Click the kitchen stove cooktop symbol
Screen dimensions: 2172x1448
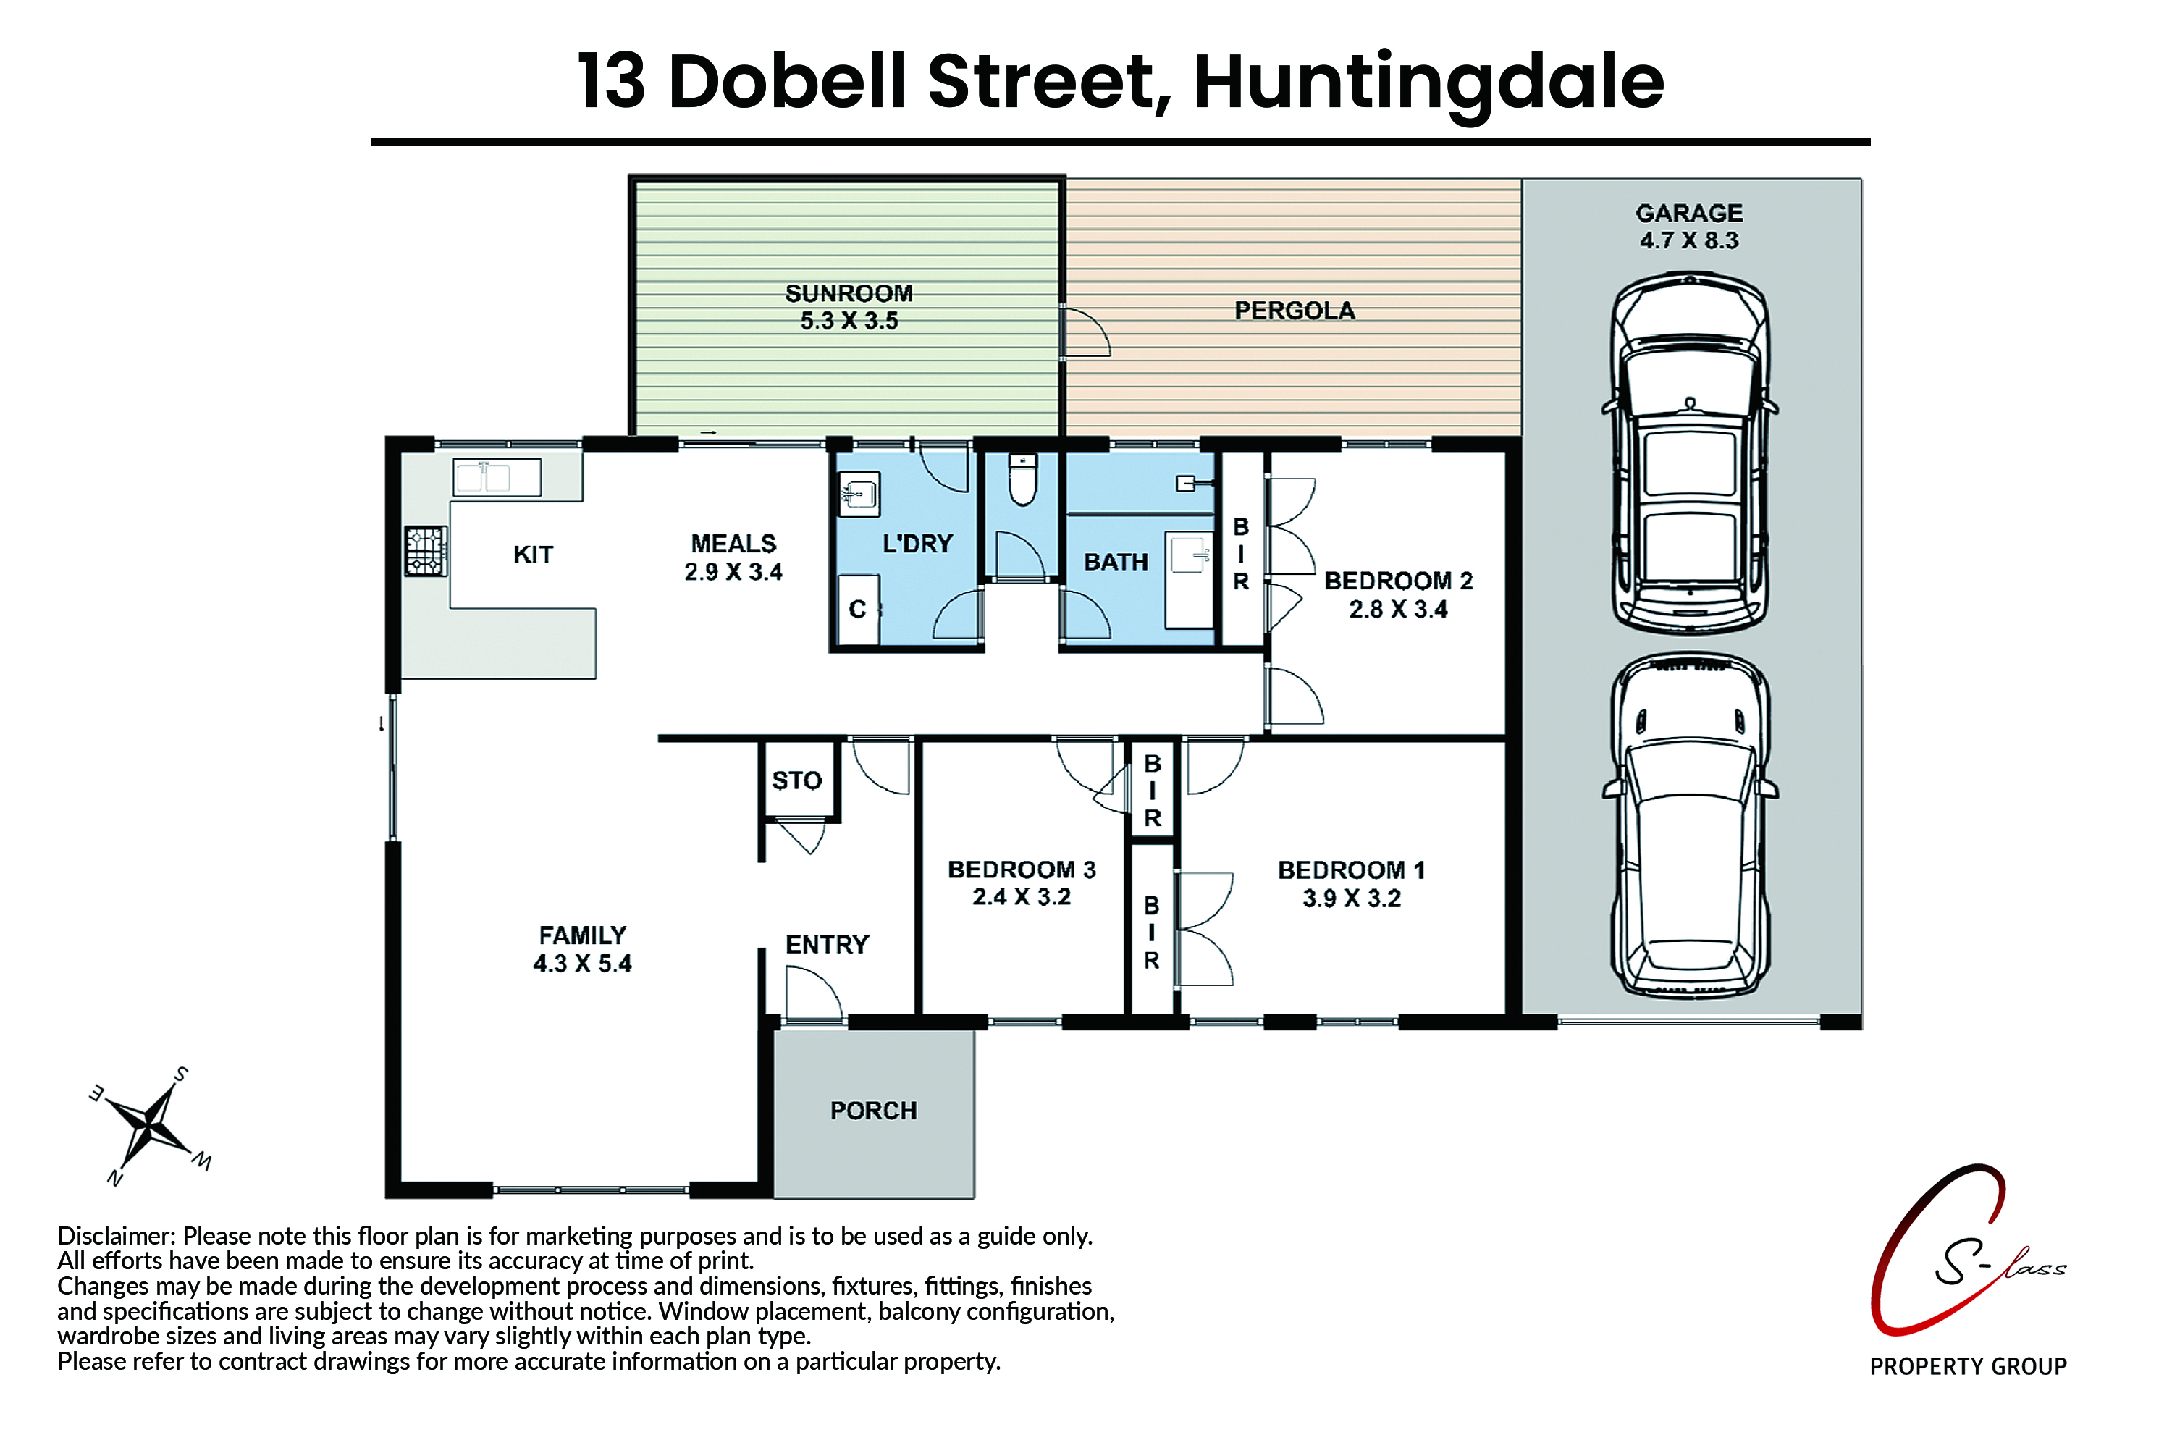point(426,551)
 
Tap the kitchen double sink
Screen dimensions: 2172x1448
point(497,477)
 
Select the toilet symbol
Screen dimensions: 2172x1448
point(1022,479)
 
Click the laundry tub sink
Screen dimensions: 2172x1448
point(859,494)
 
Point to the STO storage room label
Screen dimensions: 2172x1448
point(797,780)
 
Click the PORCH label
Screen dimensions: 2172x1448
point(874,1110)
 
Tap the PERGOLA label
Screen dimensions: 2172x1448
point(1295,311)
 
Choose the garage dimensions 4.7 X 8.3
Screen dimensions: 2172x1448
point(1689,240)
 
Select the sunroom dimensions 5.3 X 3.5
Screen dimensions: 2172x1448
point(849,321)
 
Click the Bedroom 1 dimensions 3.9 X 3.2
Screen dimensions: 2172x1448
point(1351,898)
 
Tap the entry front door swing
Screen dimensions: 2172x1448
point(812,993)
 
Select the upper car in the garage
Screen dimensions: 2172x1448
point(1690,452)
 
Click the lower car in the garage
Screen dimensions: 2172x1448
point(1690,825)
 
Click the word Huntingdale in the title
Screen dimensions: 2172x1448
point(1428,83)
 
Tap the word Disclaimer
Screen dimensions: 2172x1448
point(115,1236)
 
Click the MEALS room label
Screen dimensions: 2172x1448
point(733,543)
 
